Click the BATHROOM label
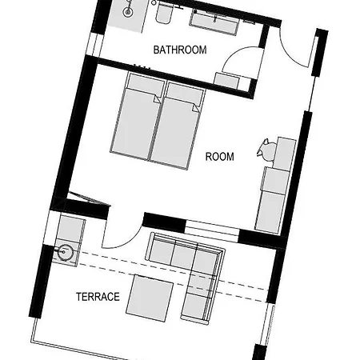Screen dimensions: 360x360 pyautogui.click(x=180, y=50)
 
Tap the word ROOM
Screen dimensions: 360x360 pyautogui.click(x=220, y=157)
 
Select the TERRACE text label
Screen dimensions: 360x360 pyautogui.click(x=98, y=297)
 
